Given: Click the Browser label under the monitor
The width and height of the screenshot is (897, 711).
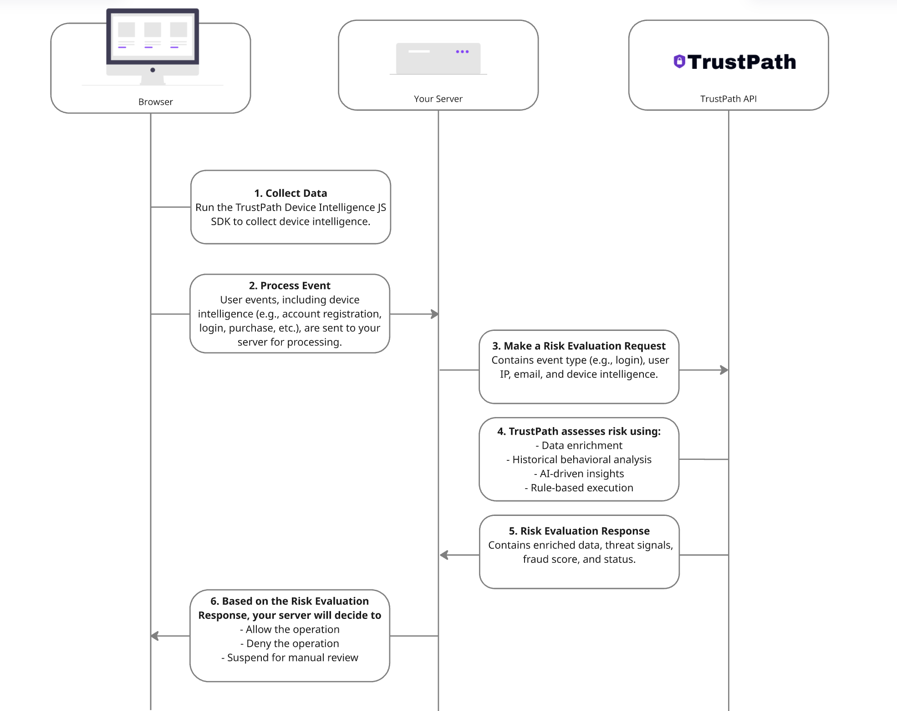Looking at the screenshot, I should click(155, 102).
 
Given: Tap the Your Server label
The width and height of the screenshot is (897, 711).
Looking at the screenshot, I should click(438, 99).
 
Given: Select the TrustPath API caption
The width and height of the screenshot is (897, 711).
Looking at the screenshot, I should click(728, 99).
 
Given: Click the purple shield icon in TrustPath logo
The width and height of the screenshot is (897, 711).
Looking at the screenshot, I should click(679, 62).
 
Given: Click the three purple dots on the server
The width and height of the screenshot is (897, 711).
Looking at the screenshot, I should click(462, 52).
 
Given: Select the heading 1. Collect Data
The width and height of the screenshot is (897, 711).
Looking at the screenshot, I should click(291, 193).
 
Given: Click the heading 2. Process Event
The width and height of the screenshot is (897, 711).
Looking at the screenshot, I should click(290, 286).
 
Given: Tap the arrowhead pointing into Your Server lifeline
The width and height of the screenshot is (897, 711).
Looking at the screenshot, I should click(435, 314).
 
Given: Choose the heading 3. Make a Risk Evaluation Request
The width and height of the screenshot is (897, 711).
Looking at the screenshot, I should click(579, 346).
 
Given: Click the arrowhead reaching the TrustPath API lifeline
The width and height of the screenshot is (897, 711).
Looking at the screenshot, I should click(724, 370).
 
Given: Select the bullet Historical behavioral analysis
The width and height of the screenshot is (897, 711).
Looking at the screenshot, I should click(579, 459).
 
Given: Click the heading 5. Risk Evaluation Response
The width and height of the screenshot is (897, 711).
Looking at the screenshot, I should click(579, 531).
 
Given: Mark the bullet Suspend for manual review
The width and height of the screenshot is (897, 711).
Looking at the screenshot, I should click(290, 658).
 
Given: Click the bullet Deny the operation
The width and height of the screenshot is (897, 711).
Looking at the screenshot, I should click(290, 644).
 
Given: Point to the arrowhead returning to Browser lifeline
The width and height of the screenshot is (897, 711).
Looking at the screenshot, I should click(155, 636).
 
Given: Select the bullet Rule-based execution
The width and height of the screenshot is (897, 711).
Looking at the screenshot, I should click(579, 488).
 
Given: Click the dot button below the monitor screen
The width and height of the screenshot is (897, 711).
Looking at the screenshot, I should click(153, 70).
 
